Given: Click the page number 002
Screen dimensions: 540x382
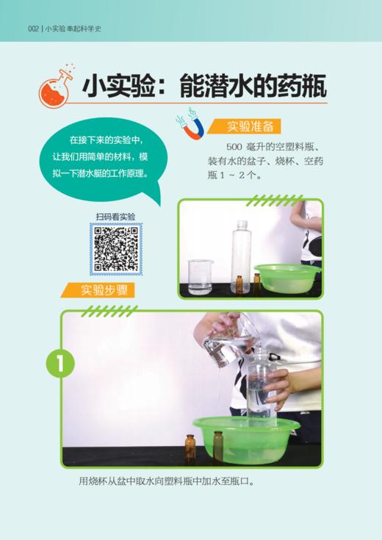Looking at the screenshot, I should point(32,29).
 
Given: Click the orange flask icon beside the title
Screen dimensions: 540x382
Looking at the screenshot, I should point(57,85).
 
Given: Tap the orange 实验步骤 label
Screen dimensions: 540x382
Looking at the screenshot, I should point(103,289).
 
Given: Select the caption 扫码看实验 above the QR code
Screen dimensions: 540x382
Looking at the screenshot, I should point(116,217).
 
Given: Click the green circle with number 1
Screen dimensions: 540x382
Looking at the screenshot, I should point(60,364).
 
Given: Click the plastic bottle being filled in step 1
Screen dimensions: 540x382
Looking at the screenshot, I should point(259,389).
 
